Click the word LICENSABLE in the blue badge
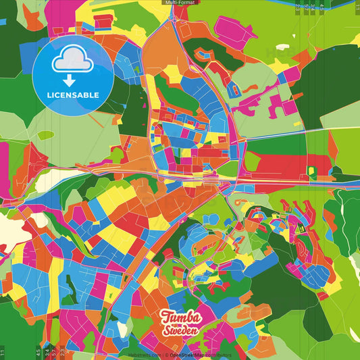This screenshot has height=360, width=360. click(x=73, y=95)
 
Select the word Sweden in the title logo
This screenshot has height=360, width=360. click(x=180, y=330)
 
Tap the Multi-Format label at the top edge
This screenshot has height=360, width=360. click(x=180, y=3)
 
